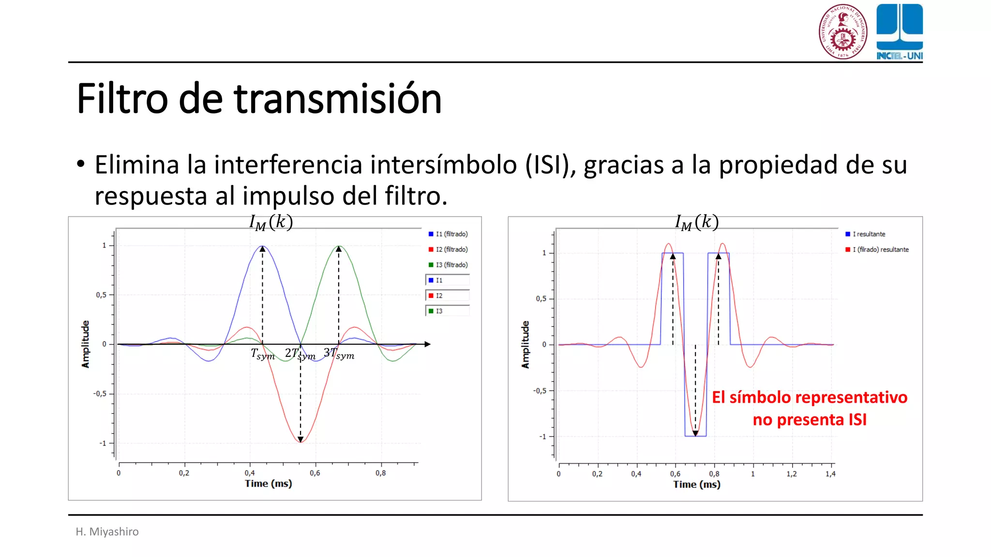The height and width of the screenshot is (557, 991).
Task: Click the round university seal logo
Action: pos(842,31)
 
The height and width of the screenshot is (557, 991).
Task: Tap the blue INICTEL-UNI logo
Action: pos(899,31)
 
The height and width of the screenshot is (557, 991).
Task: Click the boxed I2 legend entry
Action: pos(448,295)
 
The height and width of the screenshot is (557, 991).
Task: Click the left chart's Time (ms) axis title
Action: pos(268,484)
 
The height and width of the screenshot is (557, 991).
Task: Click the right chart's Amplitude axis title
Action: pos(525,344)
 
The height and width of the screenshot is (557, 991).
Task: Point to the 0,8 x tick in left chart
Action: pos(380,473)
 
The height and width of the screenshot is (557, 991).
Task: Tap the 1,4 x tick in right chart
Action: pos(830,474)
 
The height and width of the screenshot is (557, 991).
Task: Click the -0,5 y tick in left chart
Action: pos(100,394)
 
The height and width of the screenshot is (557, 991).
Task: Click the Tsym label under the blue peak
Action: pos(263,354)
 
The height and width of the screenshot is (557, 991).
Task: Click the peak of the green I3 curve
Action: pos(339,247)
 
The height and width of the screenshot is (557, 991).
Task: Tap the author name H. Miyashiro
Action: pos(107,531)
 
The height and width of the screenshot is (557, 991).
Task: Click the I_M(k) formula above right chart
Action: pos(697,222)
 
